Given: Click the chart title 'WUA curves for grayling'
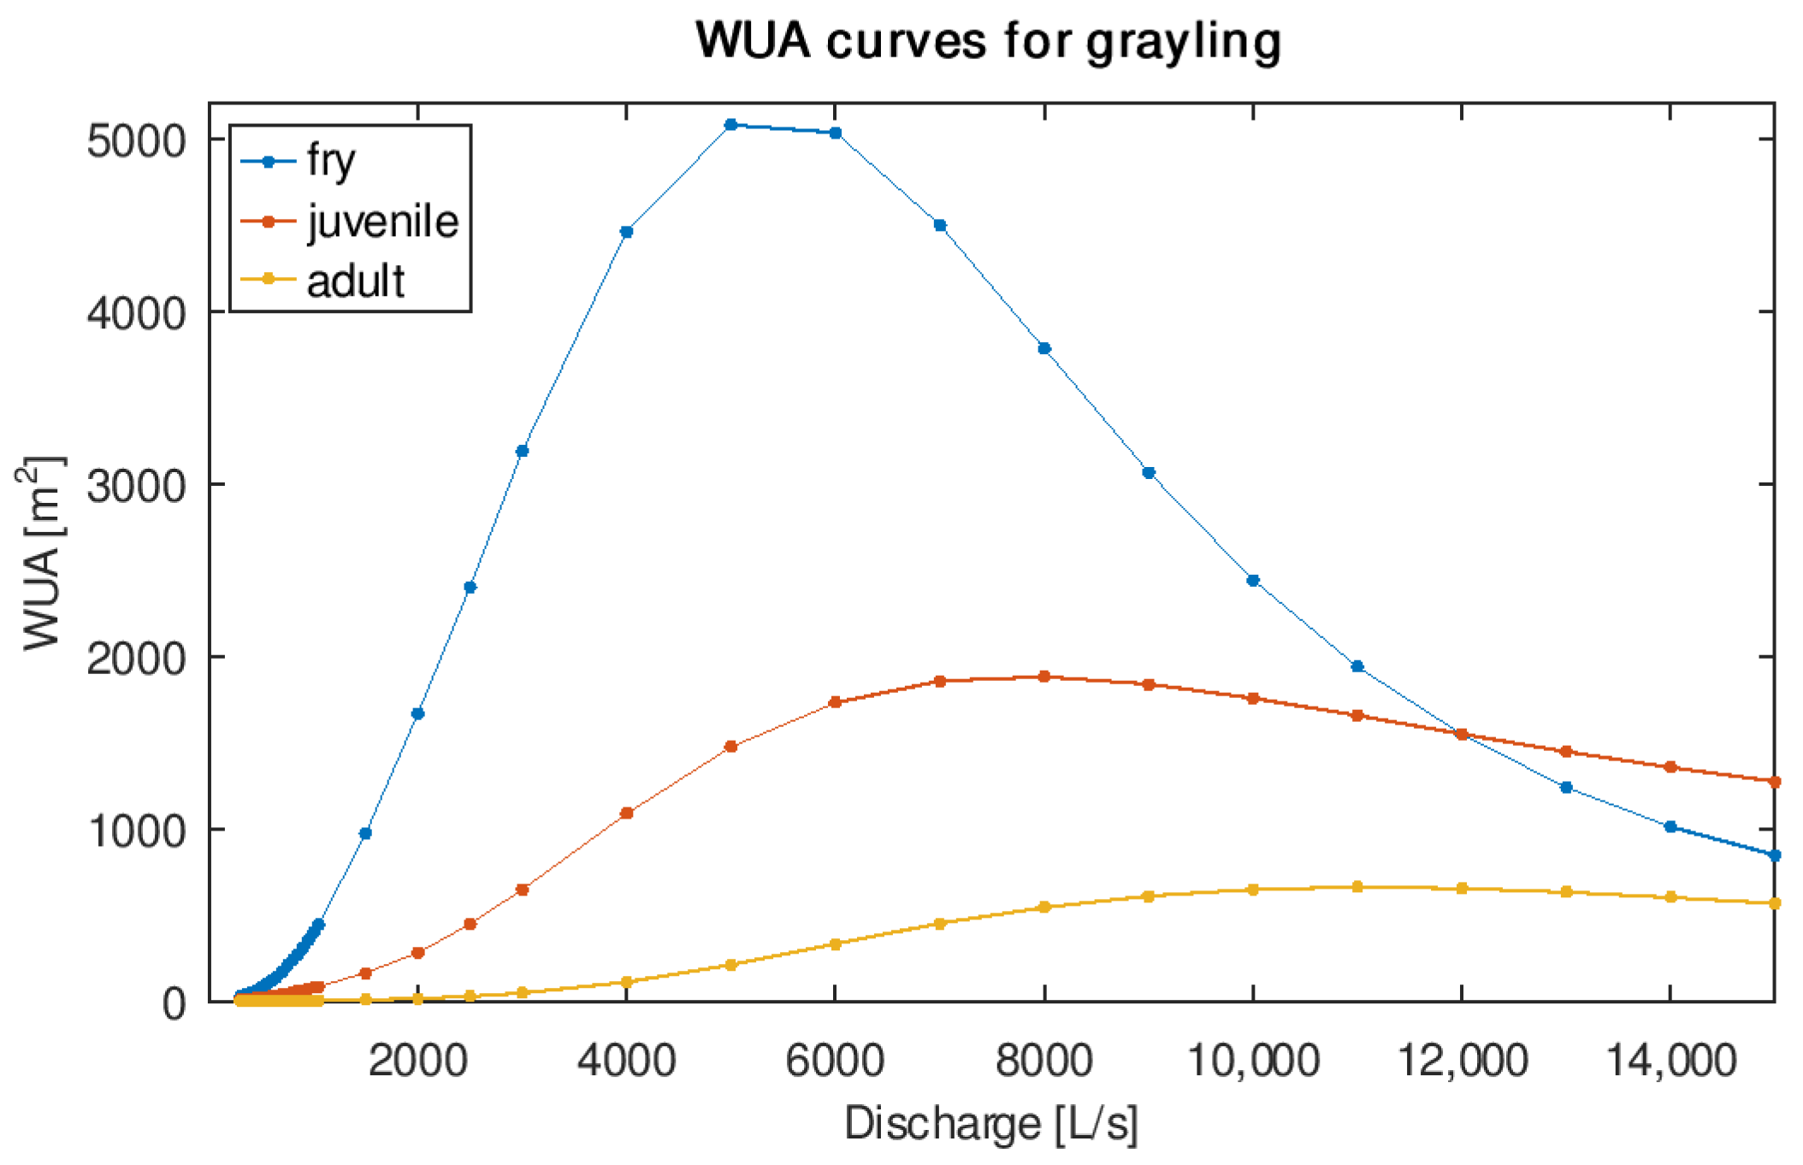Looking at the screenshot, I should pos(988,40).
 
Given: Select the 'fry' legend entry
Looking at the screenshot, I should pos(331,161).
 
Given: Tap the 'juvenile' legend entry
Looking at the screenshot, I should pos(382,222).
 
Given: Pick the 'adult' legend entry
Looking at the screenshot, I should pos(355,281).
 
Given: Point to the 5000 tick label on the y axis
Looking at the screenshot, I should pos(136,141).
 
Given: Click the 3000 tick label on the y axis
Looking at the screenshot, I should pos(136,486).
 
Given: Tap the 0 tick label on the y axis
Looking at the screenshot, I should pos(174,1002).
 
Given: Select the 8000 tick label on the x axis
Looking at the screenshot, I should pos(1043,1062).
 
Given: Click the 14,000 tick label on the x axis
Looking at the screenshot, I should pos(1670,1062).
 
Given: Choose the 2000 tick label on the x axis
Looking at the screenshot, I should pos(417,1062).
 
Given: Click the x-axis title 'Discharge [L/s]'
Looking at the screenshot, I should pos(990,1124).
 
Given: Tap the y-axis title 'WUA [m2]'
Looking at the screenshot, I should pos(41,553).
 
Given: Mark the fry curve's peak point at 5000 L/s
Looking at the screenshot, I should pos(730,125).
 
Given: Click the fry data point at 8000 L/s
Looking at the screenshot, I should pos(1044,348).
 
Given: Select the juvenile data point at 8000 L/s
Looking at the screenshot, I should pos(1044,677).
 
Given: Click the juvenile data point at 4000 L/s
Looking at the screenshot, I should pos(626,813).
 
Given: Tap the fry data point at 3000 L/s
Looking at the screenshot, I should pos(522,451).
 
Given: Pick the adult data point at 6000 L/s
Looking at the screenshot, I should pos(836,944).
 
